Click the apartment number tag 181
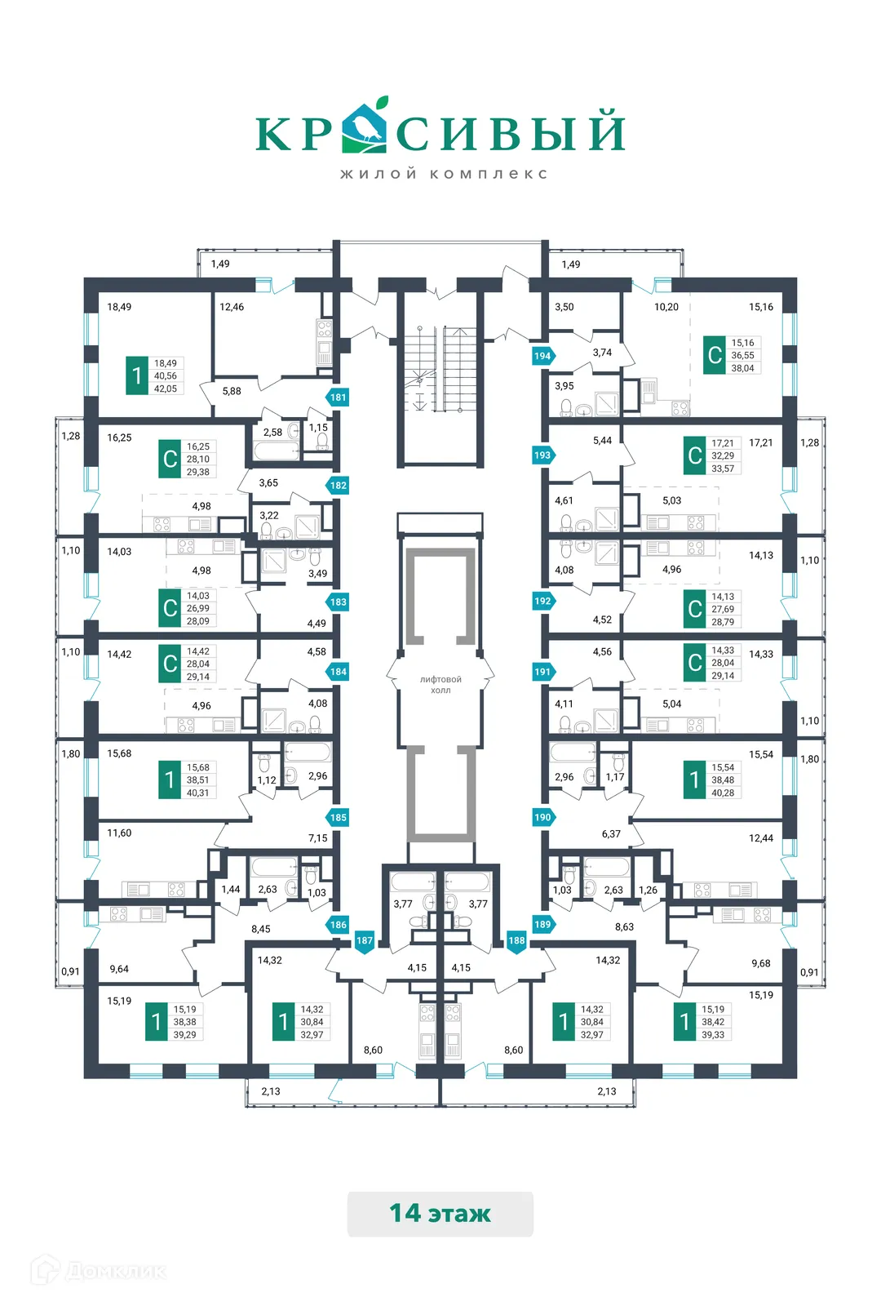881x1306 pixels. pos(338,398)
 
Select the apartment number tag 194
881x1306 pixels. pos(542,356)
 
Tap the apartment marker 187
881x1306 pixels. pos(364,941)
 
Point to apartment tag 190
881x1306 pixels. pos(542,817)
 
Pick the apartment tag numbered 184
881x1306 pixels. pos(338,672)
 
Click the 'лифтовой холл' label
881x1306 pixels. pos(440,685)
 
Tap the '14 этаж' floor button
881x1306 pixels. pos(440,1214)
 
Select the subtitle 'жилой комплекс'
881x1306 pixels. pos(444,174)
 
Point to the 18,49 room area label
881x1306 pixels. pos(119,307)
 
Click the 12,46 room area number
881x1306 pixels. pos(232,307)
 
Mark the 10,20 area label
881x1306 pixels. pos(666,307)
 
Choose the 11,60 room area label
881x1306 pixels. pos(119,833)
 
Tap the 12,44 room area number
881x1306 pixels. pos(761,838)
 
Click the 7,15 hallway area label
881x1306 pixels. pos(317,838)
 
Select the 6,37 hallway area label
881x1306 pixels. pos(611,834)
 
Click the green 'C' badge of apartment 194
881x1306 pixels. pos(715,355)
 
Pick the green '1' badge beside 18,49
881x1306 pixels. pos(137,375)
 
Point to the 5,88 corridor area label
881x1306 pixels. pos(232,391)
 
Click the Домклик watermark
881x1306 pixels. pos(100,1271)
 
